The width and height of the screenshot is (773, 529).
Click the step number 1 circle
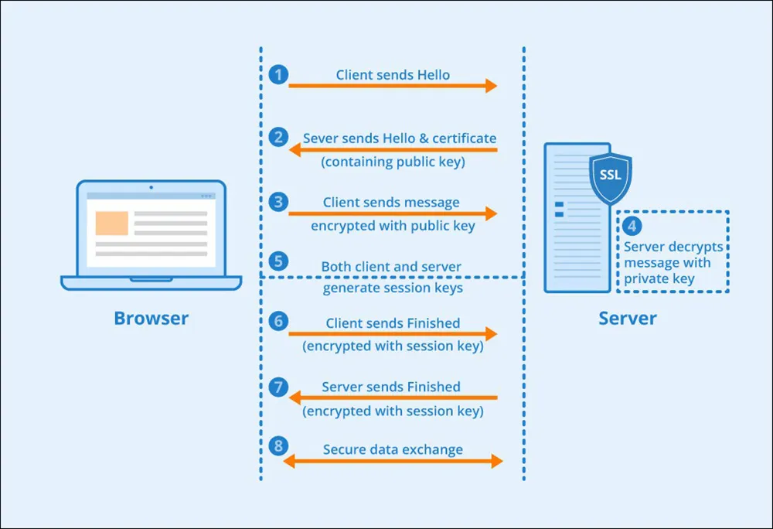click(279, 75)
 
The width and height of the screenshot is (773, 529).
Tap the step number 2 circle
click(279, 138)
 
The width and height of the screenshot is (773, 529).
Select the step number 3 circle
click(279, 202)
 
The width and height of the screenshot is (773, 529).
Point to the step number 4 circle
click(632, 227)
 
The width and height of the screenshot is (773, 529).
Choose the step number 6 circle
click(279, 321)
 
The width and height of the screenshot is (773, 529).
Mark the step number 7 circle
click(279, 385)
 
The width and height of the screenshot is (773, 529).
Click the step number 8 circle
click(279, 446)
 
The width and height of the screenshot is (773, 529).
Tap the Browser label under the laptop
click(151, 318)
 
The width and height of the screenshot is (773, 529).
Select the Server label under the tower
click(628, 318)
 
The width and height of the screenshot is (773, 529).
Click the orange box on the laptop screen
click(111, 222)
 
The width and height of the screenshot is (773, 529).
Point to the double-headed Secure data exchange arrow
click(393, 462)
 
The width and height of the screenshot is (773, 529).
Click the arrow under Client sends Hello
click(393, 86)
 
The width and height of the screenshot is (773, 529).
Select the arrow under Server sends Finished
click(393, 398)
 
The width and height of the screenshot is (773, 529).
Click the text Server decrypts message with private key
click(673, 263)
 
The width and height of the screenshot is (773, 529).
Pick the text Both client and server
click(391, 267)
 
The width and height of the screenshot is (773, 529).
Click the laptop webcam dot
click(151, 187)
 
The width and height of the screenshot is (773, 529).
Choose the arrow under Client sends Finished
click(393, 334)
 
